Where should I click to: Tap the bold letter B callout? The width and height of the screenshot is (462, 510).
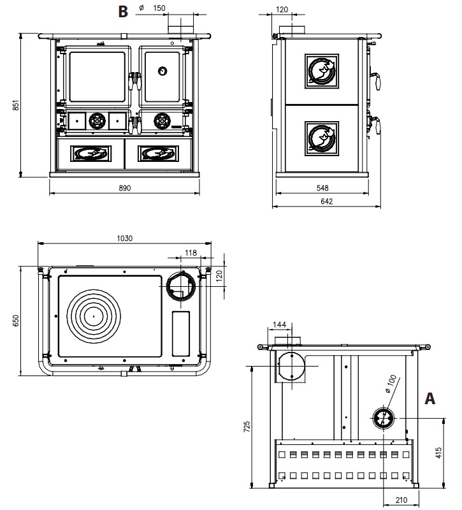(124, 11)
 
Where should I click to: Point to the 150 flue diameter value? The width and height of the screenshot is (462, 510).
(159, 8)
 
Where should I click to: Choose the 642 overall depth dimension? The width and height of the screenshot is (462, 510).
(326, 201)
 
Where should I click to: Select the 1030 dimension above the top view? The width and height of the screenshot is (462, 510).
(124, 238)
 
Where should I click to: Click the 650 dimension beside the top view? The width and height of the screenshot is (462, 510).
(16, 321)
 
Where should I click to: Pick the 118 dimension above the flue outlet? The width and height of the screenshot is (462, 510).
(190, 253)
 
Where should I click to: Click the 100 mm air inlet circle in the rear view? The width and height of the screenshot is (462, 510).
(384, 418)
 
